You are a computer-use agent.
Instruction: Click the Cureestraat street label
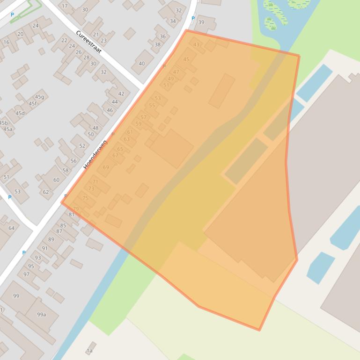[88, 42]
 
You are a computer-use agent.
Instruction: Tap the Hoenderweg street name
[95, 154]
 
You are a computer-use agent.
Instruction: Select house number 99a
[42, 315]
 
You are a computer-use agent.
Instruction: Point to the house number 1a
[89, 351]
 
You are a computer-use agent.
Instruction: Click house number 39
[201, 22]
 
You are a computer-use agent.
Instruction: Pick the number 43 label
[196, 45]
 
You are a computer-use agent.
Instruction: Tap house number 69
[106, 167]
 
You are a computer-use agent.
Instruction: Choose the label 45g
[39, 97]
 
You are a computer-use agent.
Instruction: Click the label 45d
[20, 113]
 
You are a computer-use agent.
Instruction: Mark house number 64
[11, 228]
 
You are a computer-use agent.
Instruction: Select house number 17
[65, 6]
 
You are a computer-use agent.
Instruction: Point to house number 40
[141, 64]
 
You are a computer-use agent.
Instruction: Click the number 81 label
[72, 215]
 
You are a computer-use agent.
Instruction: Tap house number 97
[26, 274]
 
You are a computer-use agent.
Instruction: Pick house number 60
[56, 180]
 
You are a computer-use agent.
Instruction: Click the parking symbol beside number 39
[193, 19]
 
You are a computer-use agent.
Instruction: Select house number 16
[6, 42]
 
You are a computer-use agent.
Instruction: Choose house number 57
[143, 117]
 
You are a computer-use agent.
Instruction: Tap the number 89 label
[51, 239]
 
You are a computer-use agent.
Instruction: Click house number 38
[157, 45]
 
